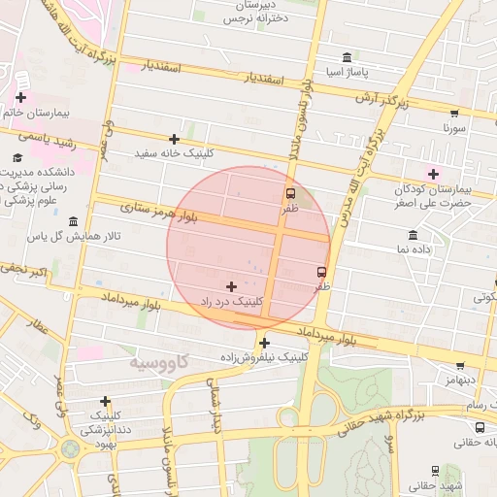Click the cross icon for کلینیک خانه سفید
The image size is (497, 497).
pyautogui.click(x=174, y=140)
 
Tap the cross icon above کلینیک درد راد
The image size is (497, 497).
pyautogui.click(x=231, y=286)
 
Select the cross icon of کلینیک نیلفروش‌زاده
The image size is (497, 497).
pyautogui.click(x=264, y=343)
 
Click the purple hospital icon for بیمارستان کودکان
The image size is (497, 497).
pyautogui.click(x=433, y=173)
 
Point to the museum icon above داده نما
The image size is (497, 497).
pyautogui.click(x=414, y=235)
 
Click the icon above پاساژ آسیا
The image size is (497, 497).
pyautogui.click(x=348, y=57)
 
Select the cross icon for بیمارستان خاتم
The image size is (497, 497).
pyautogui.click(x=21, y=97)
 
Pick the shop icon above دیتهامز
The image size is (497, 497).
pyautogui.click(x=459, y=366)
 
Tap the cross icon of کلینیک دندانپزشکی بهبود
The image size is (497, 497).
pyautogui.click(x=105, y=401)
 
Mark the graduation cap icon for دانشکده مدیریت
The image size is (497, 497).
pyautogui.click(x=17, y=156)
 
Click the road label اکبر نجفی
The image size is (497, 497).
pyautogui.click(x=23, y=271)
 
